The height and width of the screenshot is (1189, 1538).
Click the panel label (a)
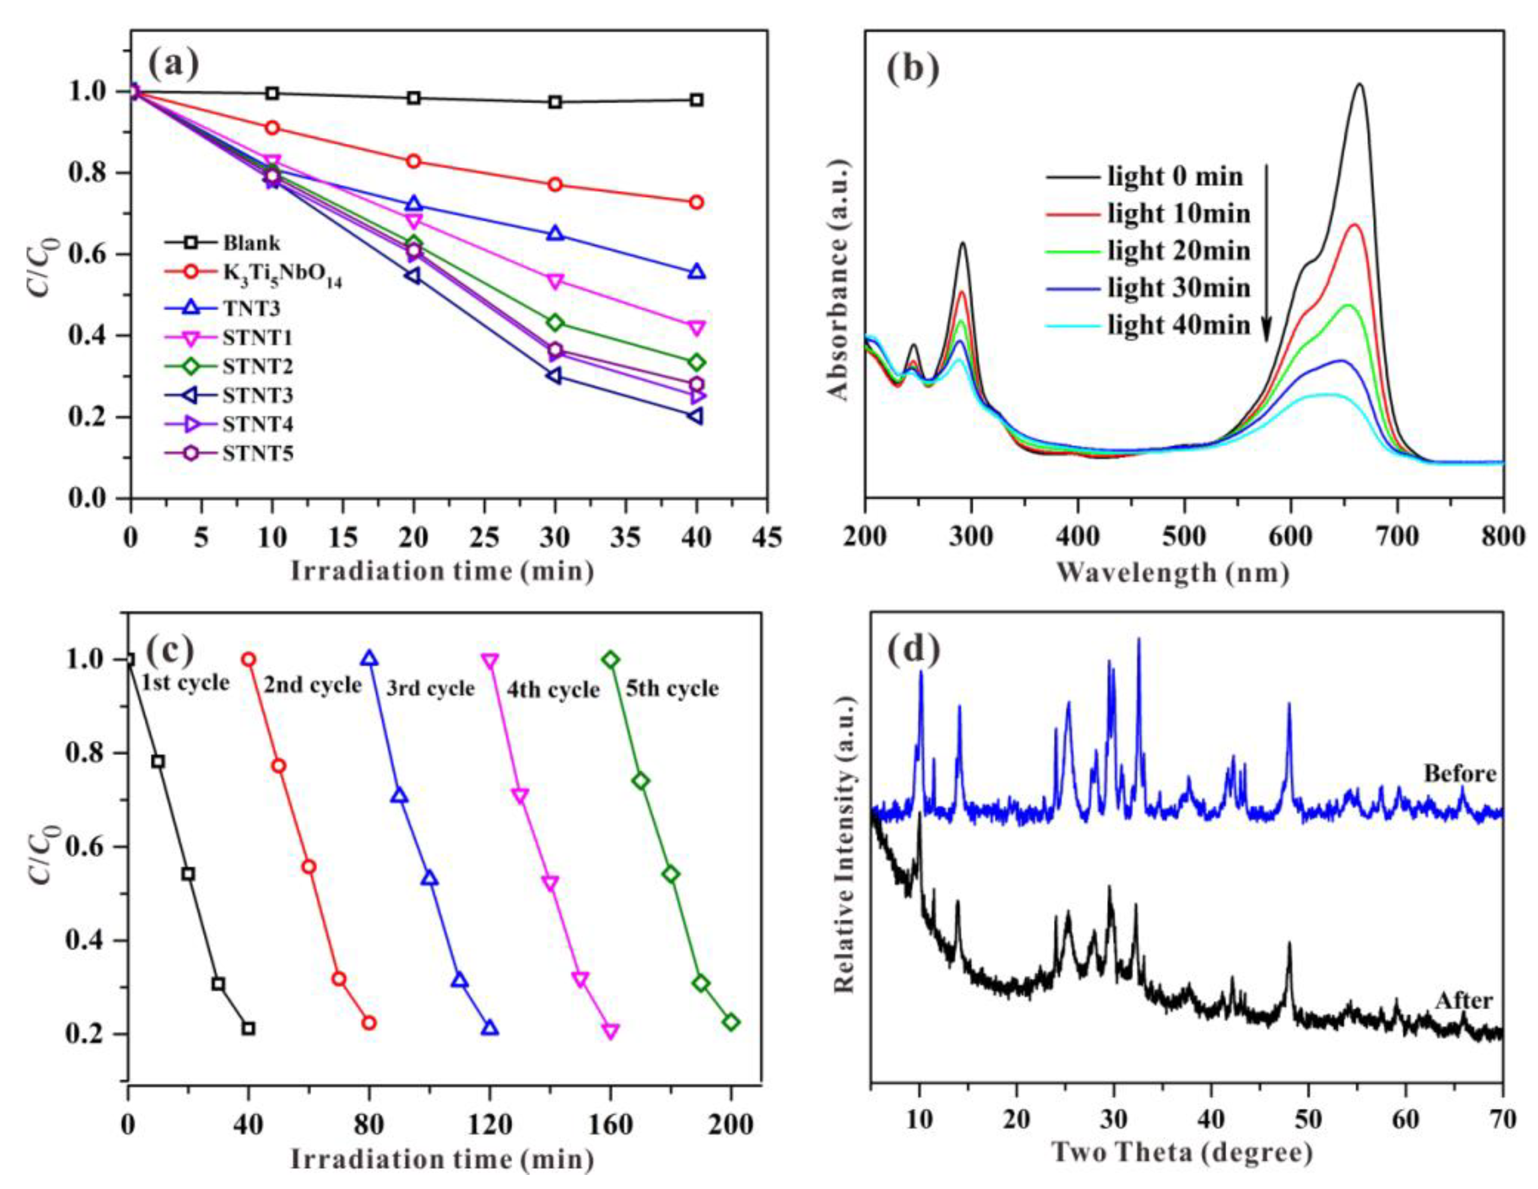click(172, 65)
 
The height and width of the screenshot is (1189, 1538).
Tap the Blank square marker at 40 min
click(697, 100)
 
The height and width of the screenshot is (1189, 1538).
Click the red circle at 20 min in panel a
click(414, 162)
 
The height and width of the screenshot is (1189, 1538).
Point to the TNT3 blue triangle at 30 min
click(556, 233)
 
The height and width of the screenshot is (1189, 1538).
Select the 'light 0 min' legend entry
click(1175, 176)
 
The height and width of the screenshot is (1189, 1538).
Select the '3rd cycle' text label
click(431, 687)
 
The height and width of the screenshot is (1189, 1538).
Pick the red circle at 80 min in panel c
click(368, 1022)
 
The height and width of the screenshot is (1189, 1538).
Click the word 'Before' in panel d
click(1459, 774)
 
